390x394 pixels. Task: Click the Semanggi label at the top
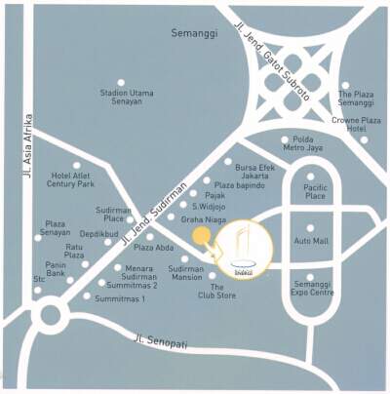point(191,32)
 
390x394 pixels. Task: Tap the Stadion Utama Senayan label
point(127,98)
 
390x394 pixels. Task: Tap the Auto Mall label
point(311,240)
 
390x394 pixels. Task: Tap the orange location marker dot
point(199,235)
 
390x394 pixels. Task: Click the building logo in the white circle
point(244,250)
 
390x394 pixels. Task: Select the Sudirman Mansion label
point(185,272)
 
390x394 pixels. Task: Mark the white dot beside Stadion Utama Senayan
point(121,83)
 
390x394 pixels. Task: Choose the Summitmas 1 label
point(120,298)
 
